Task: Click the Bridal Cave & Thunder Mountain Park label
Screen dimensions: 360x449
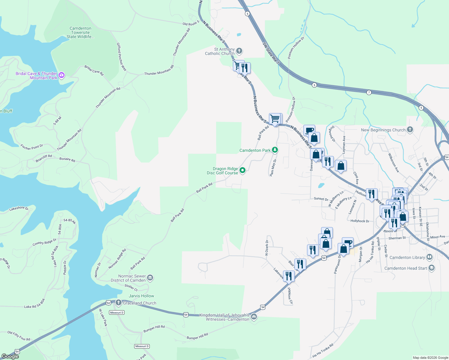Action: (36, 76)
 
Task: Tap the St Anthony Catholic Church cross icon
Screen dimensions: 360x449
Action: (239, 51)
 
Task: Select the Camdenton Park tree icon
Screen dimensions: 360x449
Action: (275, 150)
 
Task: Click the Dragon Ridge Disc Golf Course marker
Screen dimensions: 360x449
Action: (243, 170)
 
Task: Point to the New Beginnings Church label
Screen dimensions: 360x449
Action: (383, 130)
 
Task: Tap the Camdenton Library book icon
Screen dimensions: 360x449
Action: (429, 257)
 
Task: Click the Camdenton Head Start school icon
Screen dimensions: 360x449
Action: (432, 268)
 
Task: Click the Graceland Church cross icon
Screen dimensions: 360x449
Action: (119, 303)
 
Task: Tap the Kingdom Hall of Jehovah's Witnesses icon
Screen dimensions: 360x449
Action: (254, 317)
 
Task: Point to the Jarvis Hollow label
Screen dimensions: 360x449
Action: (141, 296)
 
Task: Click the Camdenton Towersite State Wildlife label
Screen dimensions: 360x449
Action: (80, 32)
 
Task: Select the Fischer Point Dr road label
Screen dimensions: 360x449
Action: (32, 147)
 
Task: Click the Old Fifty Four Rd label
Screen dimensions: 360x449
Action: (19, 336)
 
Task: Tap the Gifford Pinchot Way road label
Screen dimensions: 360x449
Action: (122, 57)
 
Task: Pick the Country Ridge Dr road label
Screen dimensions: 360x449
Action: (44, 242)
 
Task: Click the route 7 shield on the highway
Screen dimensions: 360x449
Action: (369, 92)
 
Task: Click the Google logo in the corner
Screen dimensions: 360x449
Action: (10, 356)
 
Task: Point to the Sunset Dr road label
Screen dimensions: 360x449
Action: (321, 199)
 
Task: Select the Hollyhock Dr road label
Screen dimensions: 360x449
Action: (360, 221)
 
